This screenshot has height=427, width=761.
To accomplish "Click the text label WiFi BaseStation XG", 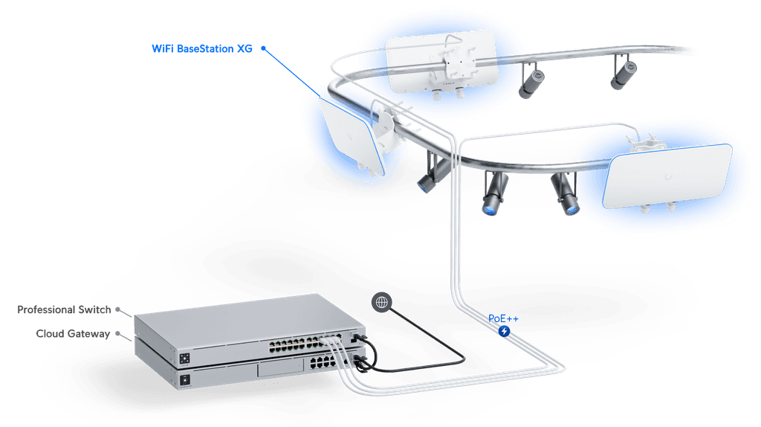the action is pos(202,48).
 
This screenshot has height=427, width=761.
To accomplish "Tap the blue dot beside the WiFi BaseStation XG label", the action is pos(263,48).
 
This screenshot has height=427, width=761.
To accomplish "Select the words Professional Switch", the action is pos(64,309).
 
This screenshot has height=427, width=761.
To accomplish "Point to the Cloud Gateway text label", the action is pos(73,334).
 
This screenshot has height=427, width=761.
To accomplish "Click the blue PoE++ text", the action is pos(503,318).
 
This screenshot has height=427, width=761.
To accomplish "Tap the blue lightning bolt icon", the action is pos(505,331).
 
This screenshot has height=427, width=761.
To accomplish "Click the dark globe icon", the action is pos(381,302).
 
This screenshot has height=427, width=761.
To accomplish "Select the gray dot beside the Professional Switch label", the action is pos(117,309).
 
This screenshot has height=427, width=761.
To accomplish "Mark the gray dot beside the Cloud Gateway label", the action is pos(117,334).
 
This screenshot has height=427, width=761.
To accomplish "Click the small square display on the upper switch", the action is pos(184,359).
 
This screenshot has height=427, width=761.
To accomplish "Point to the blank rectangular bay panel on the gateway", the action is pos(280,368).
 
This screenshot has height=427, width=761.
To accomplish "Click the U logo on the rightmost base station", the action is pos(669,176).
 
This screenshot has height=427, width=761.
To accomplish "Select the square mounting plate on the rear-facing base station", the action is pos(456,62).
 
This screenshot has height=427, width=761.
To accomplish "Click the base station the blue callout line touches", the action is pos(352,136).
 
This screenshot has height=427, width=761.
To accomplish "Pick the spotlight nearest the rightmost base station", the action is pos(565,194).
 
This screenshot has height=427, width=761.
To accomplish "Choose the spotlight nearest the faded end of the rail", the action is pos(624,72).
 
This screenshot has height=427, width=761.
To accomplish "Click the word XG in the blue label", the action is pos(245,48).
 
